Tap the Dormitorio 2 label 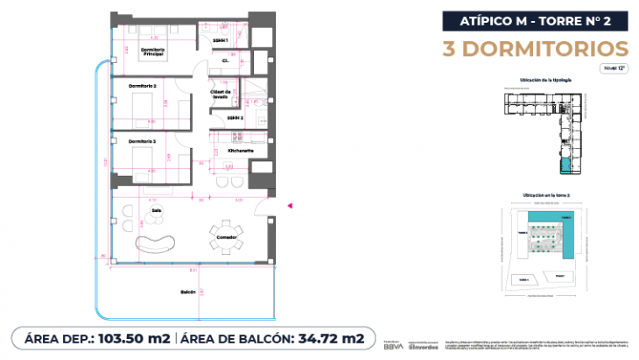(x=142, y=86)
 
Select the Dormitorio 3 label (x=142, y=140)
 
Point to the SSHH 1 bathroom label (x=221, y=41)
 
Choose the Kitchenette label (x=240, y=151)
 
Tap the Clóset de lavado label (x=220, y=94)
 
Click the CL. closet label (x=225, y=61)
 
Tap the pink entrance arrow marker (x=291, y=205)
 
